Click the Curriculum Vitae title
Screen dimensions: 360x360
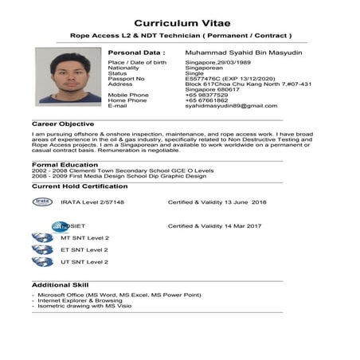pos(180,23)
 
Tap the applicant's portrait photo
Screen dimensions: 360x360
pos(68,76)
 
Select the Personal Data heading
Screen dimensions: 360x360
pos(137,52)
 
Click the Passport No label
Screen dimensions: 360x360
pos(127,79)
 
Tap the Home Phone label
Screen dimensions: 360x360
pos(128,101)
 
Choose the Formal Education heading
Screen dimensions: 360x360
pos(62,165)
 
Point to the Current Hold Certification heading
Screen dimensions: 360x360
pos(79,186)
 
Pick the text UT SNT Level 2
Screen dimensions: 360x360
pos(84,261)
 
